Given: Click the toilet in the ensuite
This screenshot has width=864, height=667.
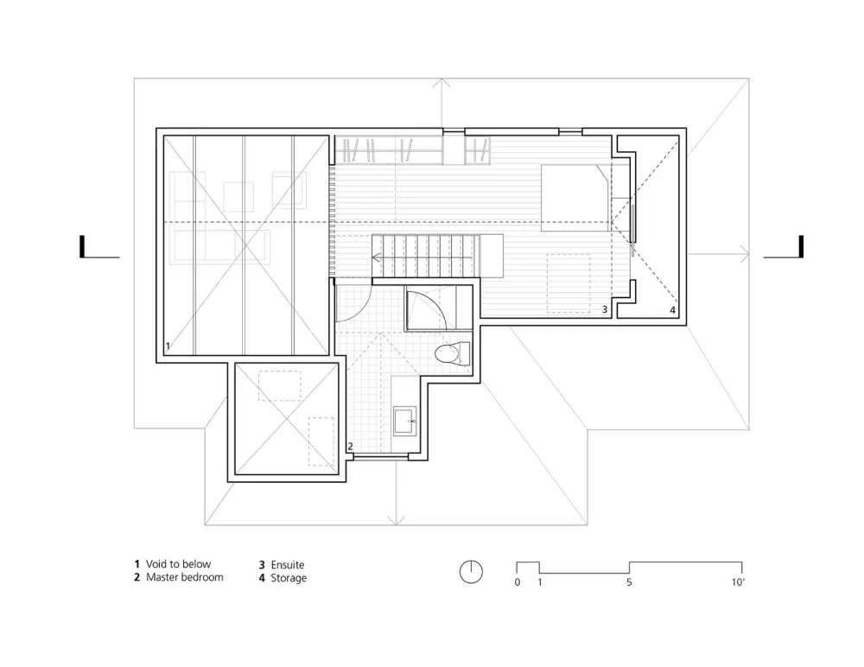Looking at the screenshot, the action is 453,353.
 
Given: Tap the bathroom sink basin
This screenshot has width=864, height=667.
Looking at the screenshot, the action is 405,422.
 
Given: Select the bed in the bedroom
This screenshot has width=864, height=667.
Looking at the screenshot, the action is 575,198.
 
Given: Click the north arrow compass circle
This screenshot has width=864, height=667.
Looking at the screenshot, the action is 471,572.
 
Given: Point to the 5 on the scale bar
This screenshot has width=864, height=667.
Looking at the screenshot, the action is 629,582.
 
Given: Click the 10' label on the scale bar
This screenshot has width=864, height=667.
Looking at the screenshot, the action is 738,582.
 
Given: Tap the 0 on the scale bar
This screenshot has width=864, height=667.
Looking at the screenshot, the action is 517,582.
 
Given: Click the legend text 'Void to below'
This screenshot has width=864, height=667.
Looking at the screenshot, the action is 178,564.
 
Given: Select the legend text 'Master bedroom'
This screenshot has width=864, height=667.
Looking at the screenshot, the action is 185,577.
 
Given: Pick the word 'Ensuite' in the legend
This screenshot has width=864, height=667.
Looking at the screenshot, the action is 288,565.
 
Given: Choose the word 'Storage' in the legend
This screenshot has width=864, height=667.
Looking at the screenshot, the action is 289,578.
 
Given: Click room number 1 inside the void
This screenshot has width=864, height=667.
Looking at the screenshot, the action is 168,346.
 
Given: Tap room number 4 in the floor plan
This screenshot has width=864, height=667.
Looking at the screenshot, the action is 672,310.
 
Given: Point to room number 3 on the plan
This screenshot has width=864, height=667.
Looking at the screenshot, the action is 605,310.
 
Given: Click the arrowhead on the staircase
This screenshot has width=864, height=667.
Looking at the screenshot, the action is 377,257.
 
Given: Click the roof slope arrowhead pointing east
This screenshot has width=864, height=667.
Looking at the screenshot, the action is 746,254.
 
